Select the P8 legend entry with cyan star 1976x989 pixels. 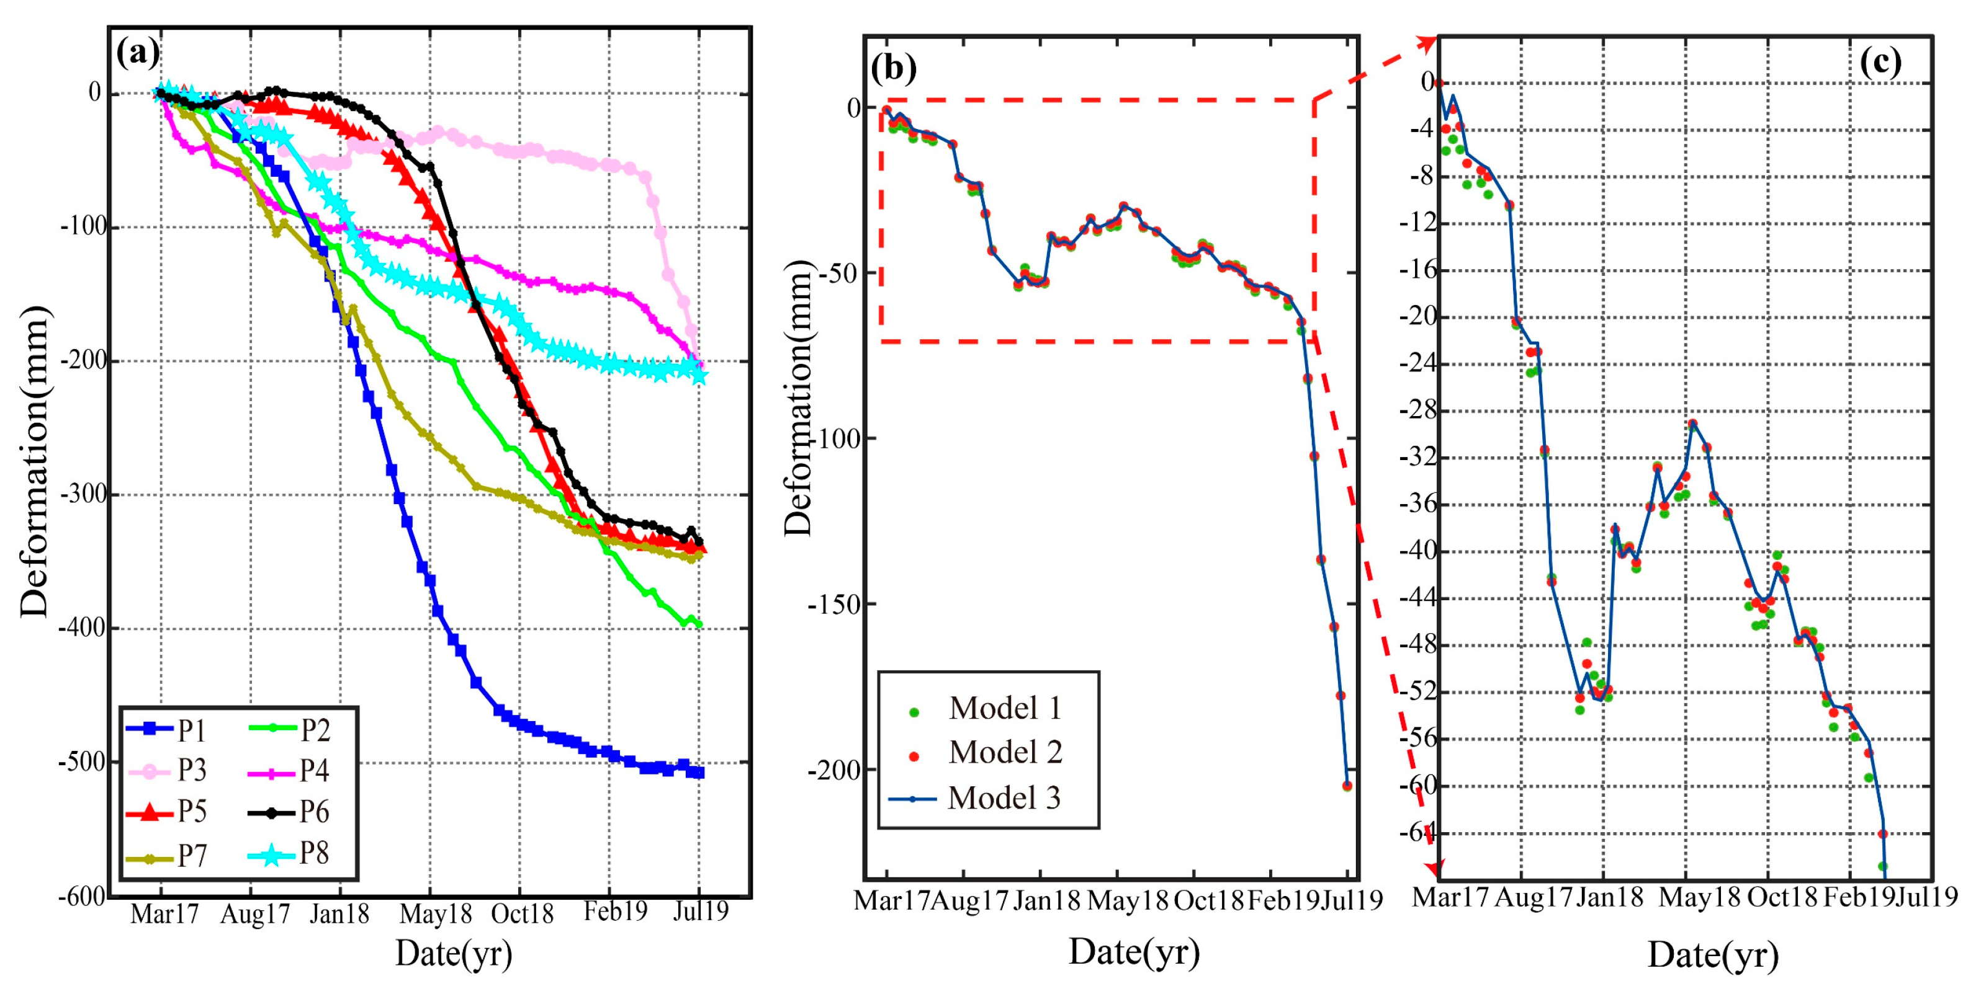[x=292, y=853]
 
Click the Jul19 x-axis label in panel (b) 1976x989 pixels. [x=1352, y=900]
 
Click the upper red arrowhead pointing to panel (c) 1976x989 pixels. [x=1427, y=43]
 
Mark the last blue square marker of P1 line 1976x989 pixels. [x=698, y=773]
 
